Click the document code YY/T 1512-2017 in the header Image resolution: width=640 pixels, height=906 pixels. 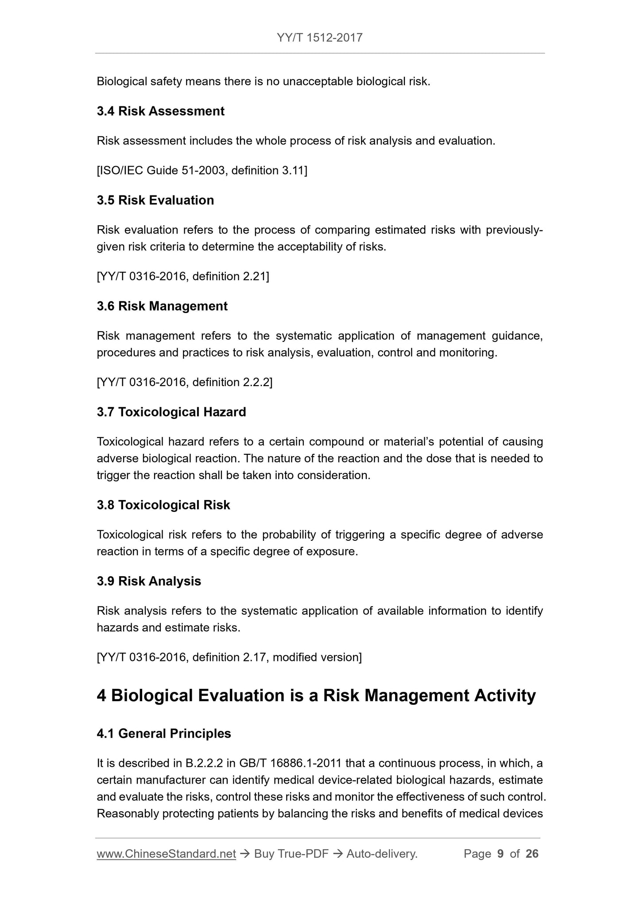(x=319, y=38)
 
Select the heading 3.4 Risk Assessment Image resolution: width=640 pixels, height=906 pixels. (x=160, y=111)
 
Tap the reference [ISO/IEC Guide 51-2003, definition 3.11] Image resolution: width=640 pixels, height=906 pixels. (x=202, y=171)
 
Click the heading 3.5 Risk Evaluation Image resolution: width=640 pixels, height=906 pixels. (x=155, y=200)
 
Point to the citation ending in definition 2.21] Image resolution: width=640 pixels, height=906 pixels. (x=182, y=277)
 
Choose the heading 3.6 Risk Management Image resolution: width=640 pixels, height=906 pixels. (x=162, y=306)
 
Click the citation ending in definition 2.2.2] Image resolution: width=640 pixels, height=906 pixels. (x=184, y=383)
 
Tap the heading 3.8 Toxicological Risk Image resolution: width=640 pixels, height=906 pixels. (x=163, y=505)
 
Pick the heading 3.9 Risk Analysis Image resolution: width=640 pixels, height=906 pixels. (x=148, y=582)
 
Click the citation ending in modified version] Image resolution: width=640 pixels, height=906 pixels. (x=229, y=657)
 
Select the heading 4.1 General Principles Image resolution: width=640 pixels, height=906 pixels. (x=163, y=734)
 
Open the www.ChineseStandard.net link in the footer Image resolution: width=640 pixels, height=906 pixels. (x=166, y=854)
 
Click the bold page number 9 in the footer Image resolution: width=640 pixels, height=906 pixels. (x=500, y=854)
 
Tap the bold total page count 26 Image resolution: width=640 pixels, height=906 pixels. (x=532, y=854)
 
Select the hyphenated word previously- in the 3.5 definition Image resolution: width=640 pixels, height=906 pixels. (x=514, y=230)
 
